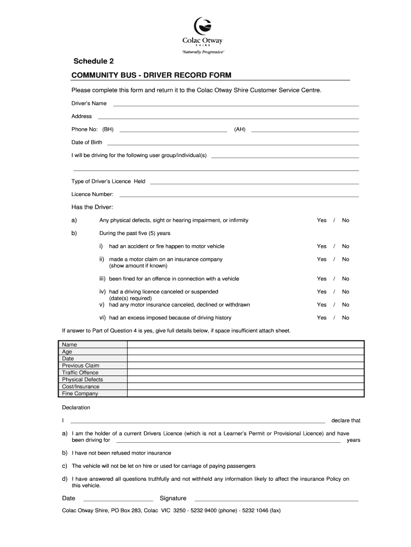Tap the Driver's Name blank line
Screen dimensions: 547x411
(x=235, y=105)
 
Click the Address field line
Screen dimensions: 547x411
(x=228, y=118)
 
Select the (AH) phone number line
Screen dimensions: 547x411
(x=304, y=131)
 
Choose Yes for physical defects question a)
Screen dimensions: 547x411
(x=321, y=221)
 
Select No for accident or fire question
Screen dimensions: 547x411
(x=345, y=246)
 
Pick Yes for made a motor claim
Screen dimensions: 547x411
(x=321, y=260)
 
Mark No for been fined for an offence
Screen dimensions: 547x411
(x=345, y=279)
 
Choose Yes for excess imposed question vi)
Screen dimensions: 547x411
(x=321, y=318)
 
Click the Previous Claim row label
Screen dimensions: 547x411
(x=81, y=366)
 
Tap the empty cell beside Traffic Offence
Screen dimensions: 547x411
(x=246, y=373)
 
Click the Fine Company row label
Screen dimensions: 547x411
(x=80, y=394)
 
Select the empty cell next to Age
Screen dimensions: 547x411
(x=246, y=352)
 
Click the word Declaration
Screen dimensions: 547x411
(x=76, y=408)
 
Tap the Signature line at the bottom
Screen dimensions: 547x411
(x=273, y=500)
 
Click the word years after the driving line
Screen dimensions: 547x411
(x=353, y=441)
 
